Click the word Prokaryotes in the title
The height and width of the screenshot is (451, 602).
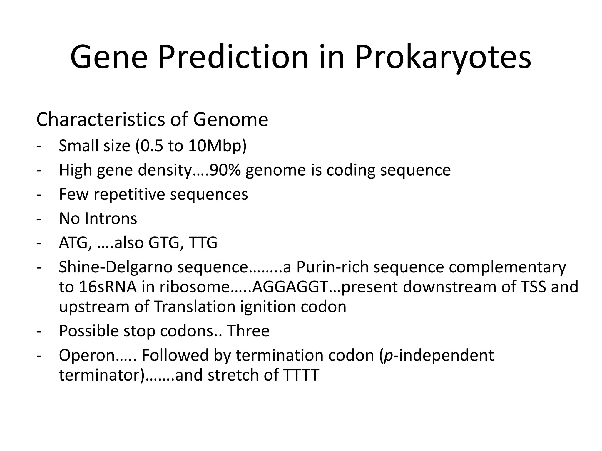point(443,57)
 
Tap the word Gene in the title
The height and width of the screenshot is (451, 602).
point(108,57)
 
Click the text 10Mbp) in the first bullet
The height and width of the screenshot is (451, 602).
point(217,146)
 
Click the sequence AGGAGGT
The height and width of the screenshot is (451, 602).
point(290,287)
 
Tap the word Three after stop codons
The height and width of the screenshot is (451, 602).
point(248,331)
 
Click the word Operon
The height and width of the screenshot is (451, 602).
point(87,355)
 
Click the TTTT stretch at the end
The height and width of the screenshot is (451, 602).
point(301,375)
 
